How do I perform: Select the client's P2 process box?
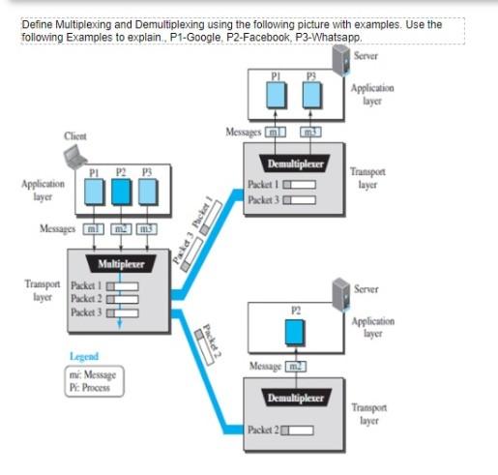(120, 192)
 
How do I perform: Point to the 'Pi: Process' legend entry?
(91, 387)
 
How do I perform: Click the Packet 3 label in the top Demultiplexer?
(264, 197)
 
